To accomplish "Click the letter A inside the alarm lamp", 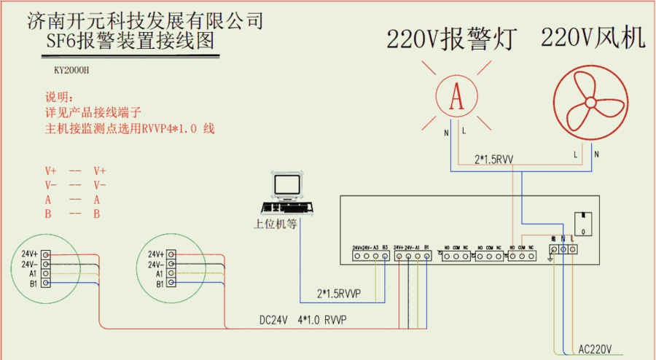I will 457,97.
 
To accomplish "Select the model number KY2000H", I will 71,71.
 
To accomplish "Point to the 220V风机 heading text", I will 593,38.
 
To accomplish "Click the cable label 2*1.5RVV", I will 494,158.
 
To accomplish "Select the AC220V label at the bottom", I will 596,348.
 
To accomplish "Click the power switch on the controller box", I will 582,220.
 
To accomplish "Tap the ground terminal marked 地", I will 554,249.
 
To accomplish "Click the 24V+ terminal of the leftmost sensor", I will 45,254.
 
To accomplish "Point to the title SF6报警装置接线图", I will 130,42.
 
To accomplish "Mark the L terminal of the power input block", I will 573,249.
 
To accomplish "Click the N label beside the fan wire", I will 596,154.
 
